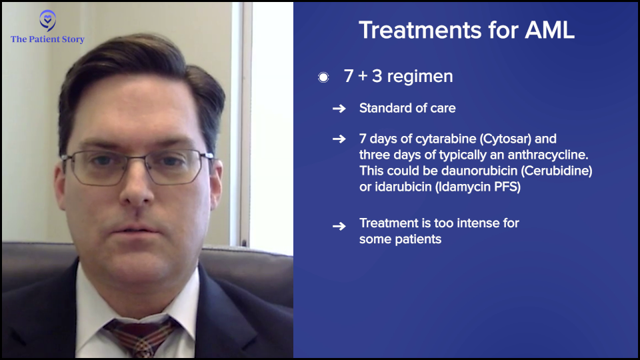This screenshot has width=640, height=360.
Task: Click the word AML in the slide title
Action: point(549,30)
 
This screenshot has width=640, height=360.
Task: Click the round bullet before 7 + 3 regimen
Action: point(323,77)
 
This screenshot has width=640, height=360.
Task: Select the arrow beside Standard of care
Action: point(339,109)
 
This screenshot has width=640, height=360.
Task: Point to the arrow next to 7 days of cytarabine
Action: point(339,139)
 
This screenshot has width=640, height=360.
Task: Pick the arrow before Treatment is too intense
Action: point(339,226)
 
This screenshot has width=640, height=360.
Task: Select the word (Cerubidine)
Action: point(556,171)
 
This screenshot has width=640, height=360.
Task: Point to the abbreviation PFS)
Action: point(507,187)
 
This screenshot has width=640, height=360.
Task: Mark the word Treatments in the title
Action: point(421,30)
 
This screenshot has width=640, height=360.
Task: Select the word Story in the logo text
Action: point(73,39)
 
